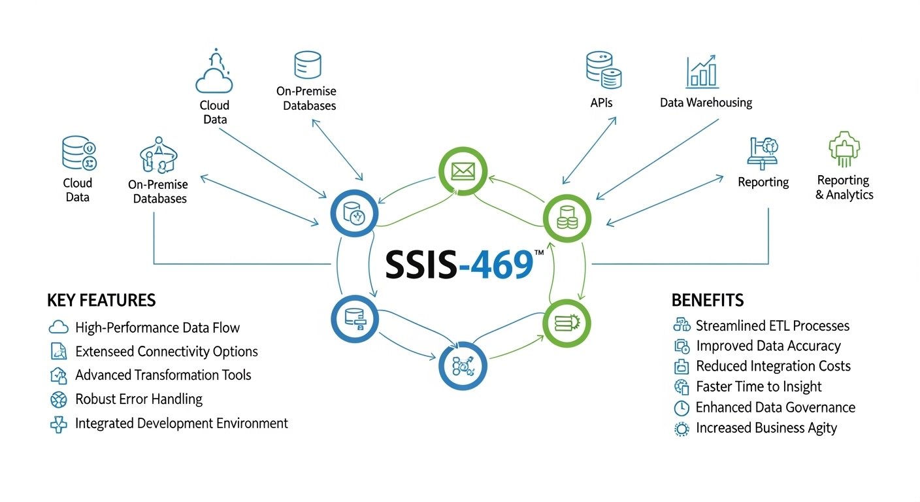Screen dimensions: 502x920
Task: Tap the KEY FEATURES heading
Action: (101, 300)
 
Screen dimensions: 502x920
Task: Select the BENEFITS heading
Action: (707, 300)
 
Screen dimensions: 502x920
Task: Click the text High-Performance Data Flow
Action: (157, 327)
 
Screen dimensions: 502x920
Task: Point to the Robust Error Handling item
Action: (139, 399)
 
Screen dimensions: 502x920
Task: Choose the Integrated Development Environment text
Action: (181, 423)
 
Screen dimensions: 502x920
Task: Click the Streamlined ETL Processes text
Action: (772, 326)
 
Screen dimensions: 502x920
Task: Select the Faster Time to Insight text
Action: (759, 386)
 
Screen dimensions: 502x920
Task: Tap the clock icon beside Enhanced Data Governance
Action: (681, 408)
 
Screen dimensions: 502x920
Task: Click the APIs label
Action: (600, 103)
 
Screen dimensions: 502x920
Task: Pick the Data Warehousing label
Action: (706, 103)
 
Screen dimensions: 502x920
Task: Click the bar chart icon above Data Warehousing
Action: (702, 72)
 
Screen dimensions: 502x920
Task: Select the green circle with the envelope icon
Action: (462, 171)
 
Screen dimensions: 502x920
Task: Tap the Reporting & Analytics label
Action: (844, 187)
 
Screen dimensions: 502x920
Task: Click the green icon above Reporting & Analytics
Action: (844, 148)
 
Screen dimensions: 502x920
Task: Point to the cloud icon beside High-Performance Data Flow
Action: (59, 327)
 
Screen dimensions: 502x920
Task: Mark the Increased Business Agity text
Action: (766, 428)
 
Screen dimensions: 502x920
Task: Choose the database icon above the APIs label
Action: (603, 71)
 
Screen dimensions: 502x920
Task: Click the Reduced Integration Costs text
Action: (773, 366)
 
